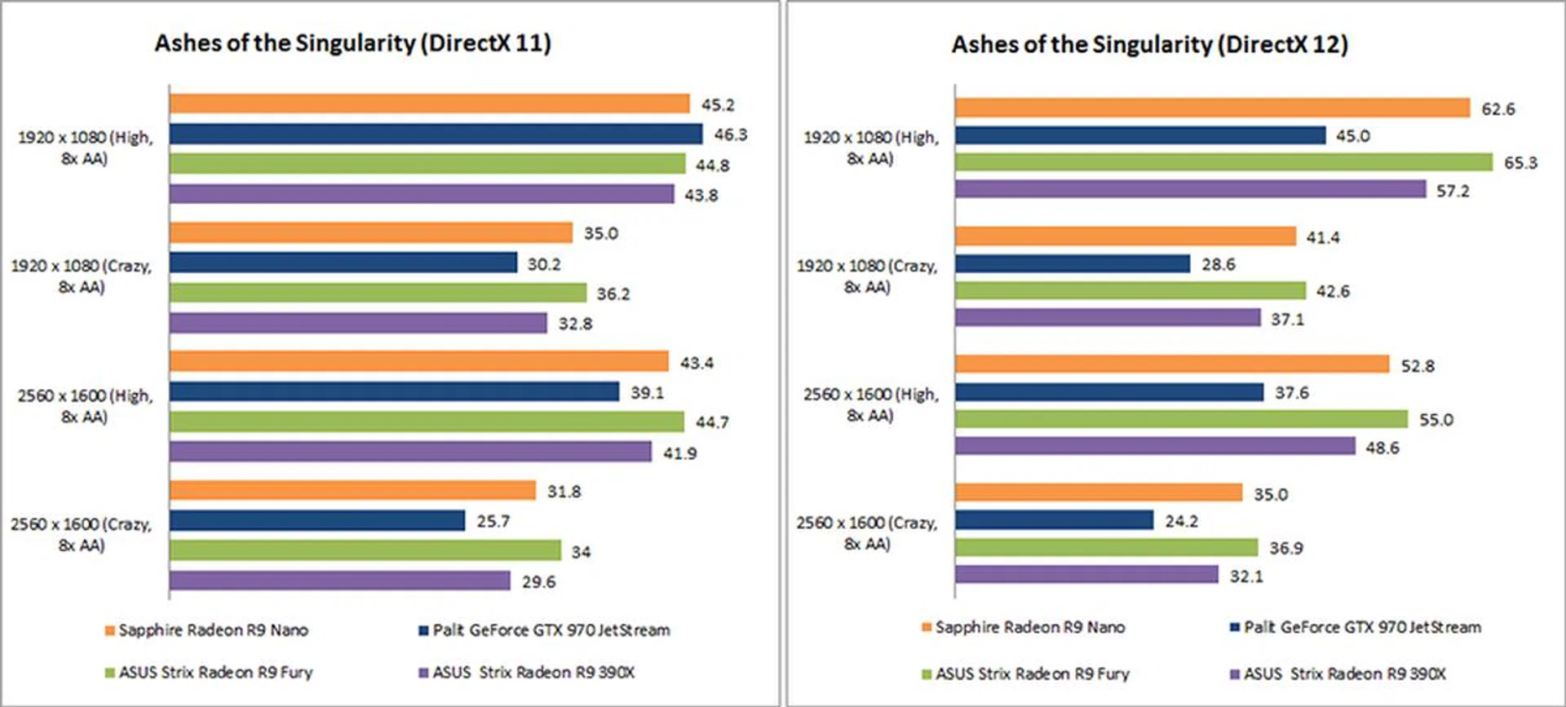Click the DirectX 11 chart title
[352, 43]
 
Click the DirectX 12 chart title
[1149, 45]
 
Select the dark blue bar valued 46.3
[436, 135]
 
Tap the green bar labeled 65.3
[1223, 162]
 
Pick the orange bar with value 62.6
[1212, 108]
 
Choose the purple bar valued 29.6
[340, 581]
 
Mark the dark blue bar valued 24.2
[1054, 520]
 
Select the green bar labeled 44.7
[427, 422]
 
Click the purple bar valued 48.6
[1155, 446]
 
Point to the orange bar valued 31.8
[352, 491]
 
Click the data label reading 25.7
[493, 521]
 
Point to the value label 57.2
[1453, 191]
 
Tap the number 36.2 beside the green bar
[613, 294]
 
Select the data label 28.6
[1219, 264]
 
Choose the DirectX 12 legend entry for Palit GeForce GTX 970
[1355, 627]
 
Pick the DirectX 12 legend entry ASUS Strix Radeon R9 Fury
[1025, 674]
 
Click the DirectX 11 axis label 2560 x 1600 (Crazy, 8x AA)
[82, 534]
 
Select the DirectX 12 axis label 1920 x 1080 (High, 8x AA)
[870, 148]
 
